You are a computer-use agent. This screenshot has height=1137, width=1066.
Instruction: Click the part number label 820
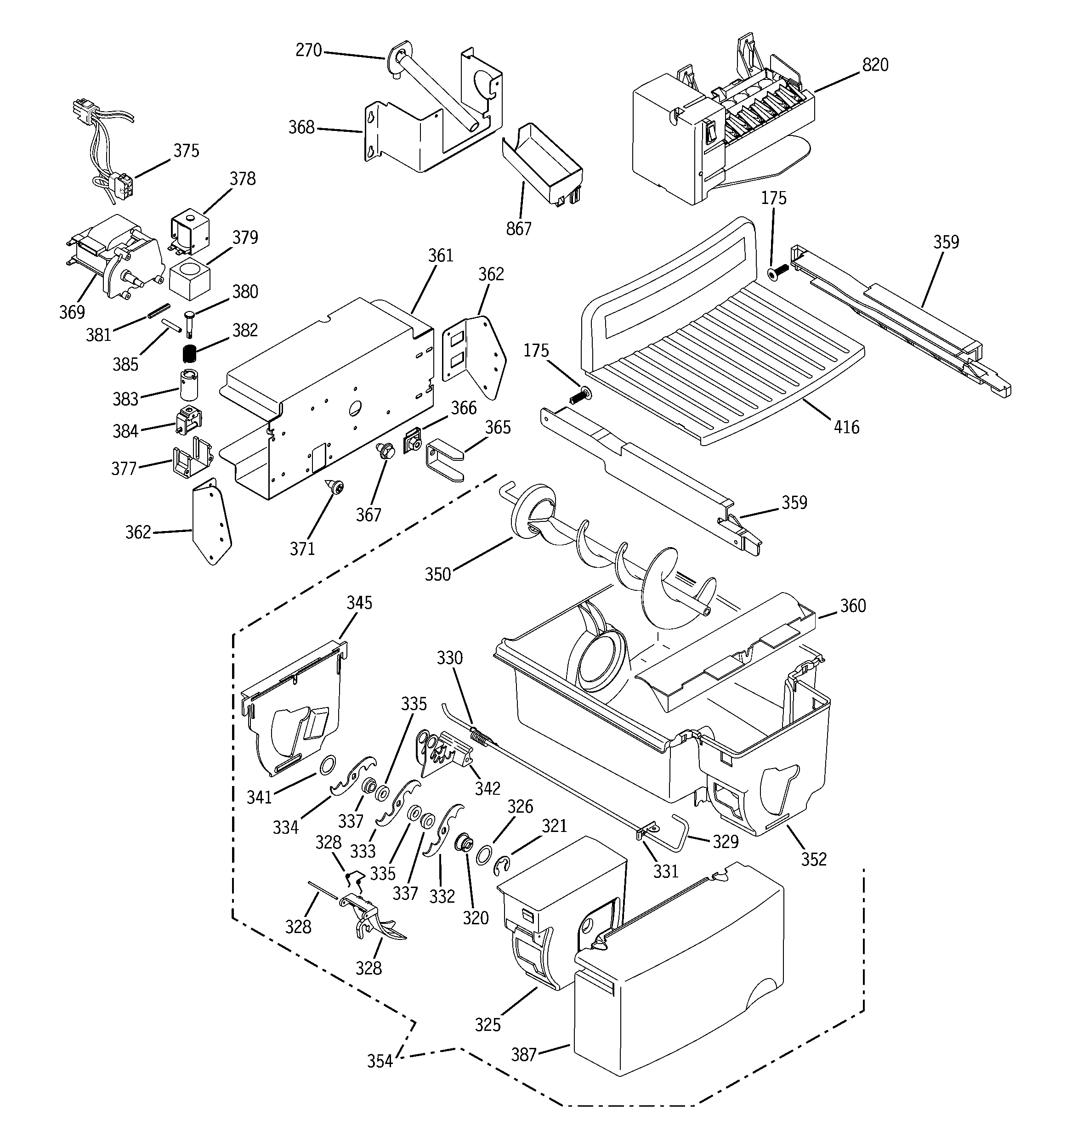coord(875,65)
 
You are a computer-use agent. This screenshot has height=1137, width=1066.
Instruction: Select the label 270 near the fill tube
coord(308,51)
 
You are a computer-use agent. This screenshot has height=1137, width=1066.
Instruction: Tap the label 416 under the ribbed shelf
coord(846,427)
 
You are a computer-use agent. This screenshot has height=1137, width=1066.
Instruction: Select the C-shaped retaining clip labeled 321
coord(501,866)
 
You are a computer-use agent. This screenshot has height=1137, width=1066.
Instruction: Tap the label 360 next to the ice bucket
coord(853,605)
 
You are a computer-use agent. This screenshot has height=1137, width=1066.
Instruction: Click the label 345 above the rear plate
coord(359,603)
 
